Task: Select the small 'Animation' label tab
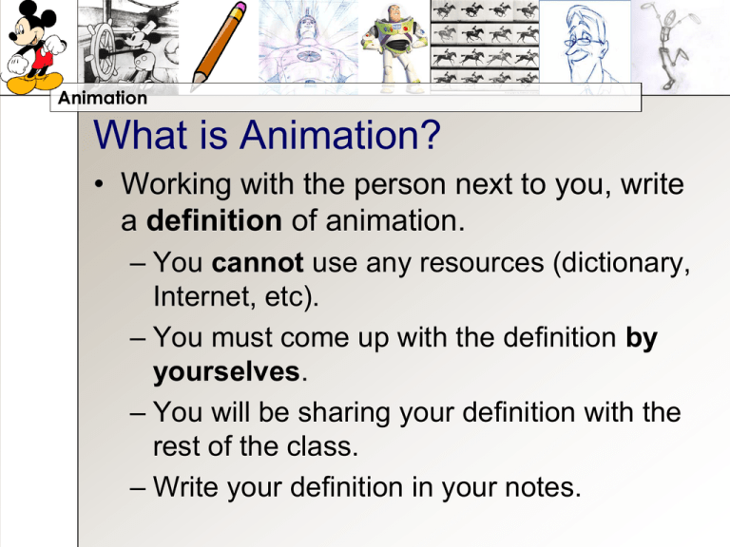click(x=101, y=98)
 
